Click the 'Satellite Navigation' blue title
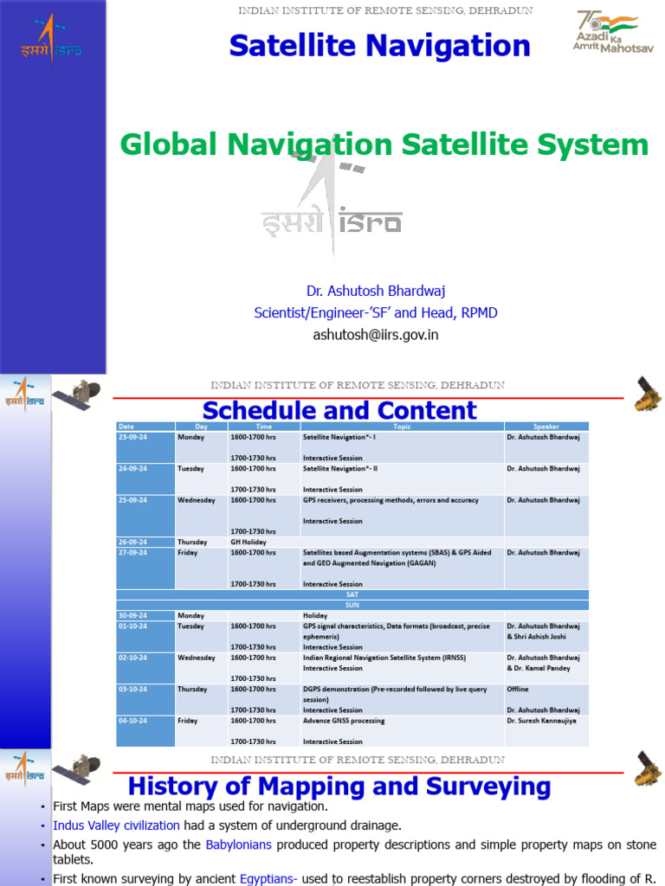[x=379, y=46]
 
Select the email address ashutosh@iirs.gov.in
[x=376, y=335]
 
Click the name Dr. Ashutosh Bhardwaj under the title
[x=376, y=291]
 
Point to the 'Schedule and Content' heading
[x=339, y=410]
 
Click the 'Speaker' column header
[x=546, y=427]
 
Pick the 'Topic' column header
[x=402, y=427]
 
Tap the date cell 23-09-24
[x=133, y=437]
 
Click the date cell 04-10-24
[x=133, y=721]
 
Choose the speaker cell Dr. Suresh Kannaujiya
[x=543, y=721]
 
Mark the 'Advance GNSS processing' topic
[x=344, y=721]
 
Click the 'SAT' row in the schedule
[x=352, y=594]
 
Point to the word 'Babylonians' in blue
[x=238, y=844]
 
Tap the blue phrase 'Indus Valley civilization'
[x=116, y=825]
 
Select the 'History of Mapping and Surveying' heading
[x=339, y=786]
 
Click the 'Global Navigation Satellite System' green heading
[x=384, y=144]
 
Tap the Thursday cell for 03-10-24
[x=192, y=690]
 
